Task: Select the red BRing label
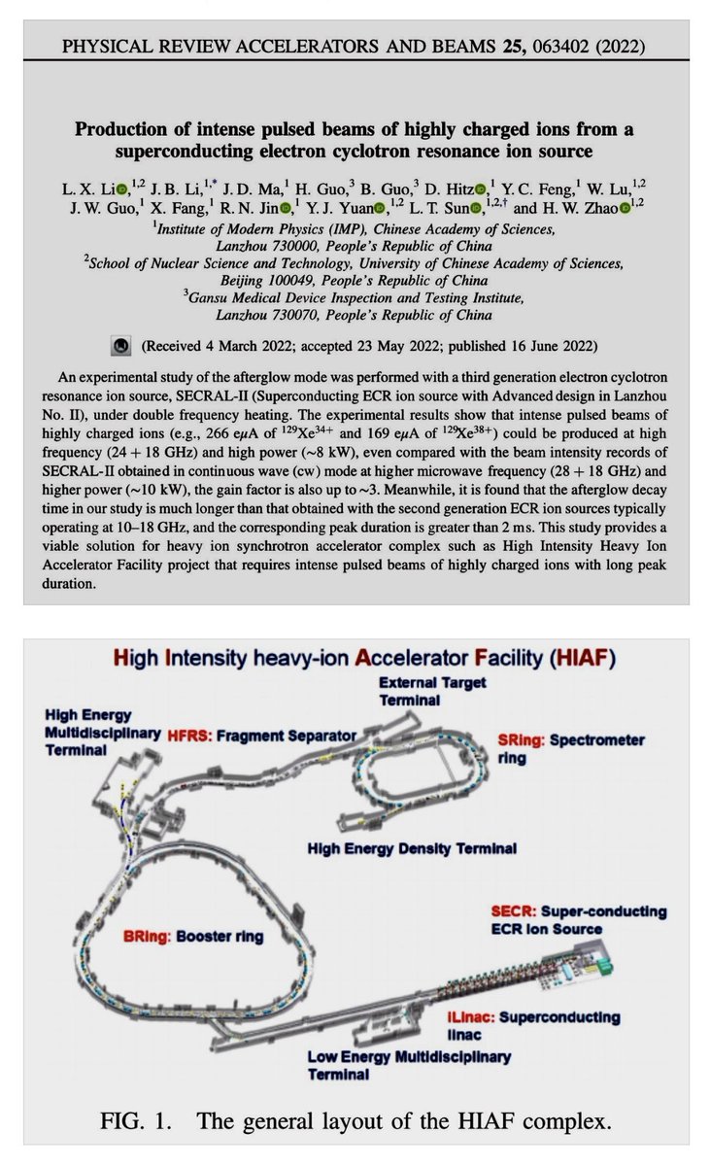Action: pos(151,937)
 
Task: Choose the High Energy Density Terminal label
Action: pos(411,847)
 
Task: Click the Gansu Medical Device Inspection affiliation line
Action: pos(355,297)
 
